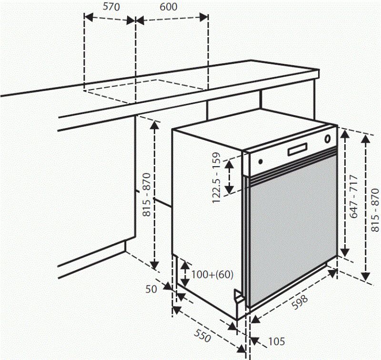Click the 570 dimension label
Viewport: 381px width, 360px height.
click(x=111, y=7)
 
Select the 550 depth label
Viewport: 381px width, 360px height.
click(x=202, y=338)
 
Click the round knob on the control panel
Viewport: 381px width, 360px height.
click(x=328, y=140)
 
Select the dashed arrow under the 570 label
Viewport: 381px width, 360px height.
click(x=110, y=20)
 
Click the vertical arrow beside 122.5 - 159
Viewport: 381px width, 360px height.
click(x=230, y=176)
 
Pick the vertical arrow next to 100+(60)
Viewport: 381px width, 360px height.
click(x=183, y=274)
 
